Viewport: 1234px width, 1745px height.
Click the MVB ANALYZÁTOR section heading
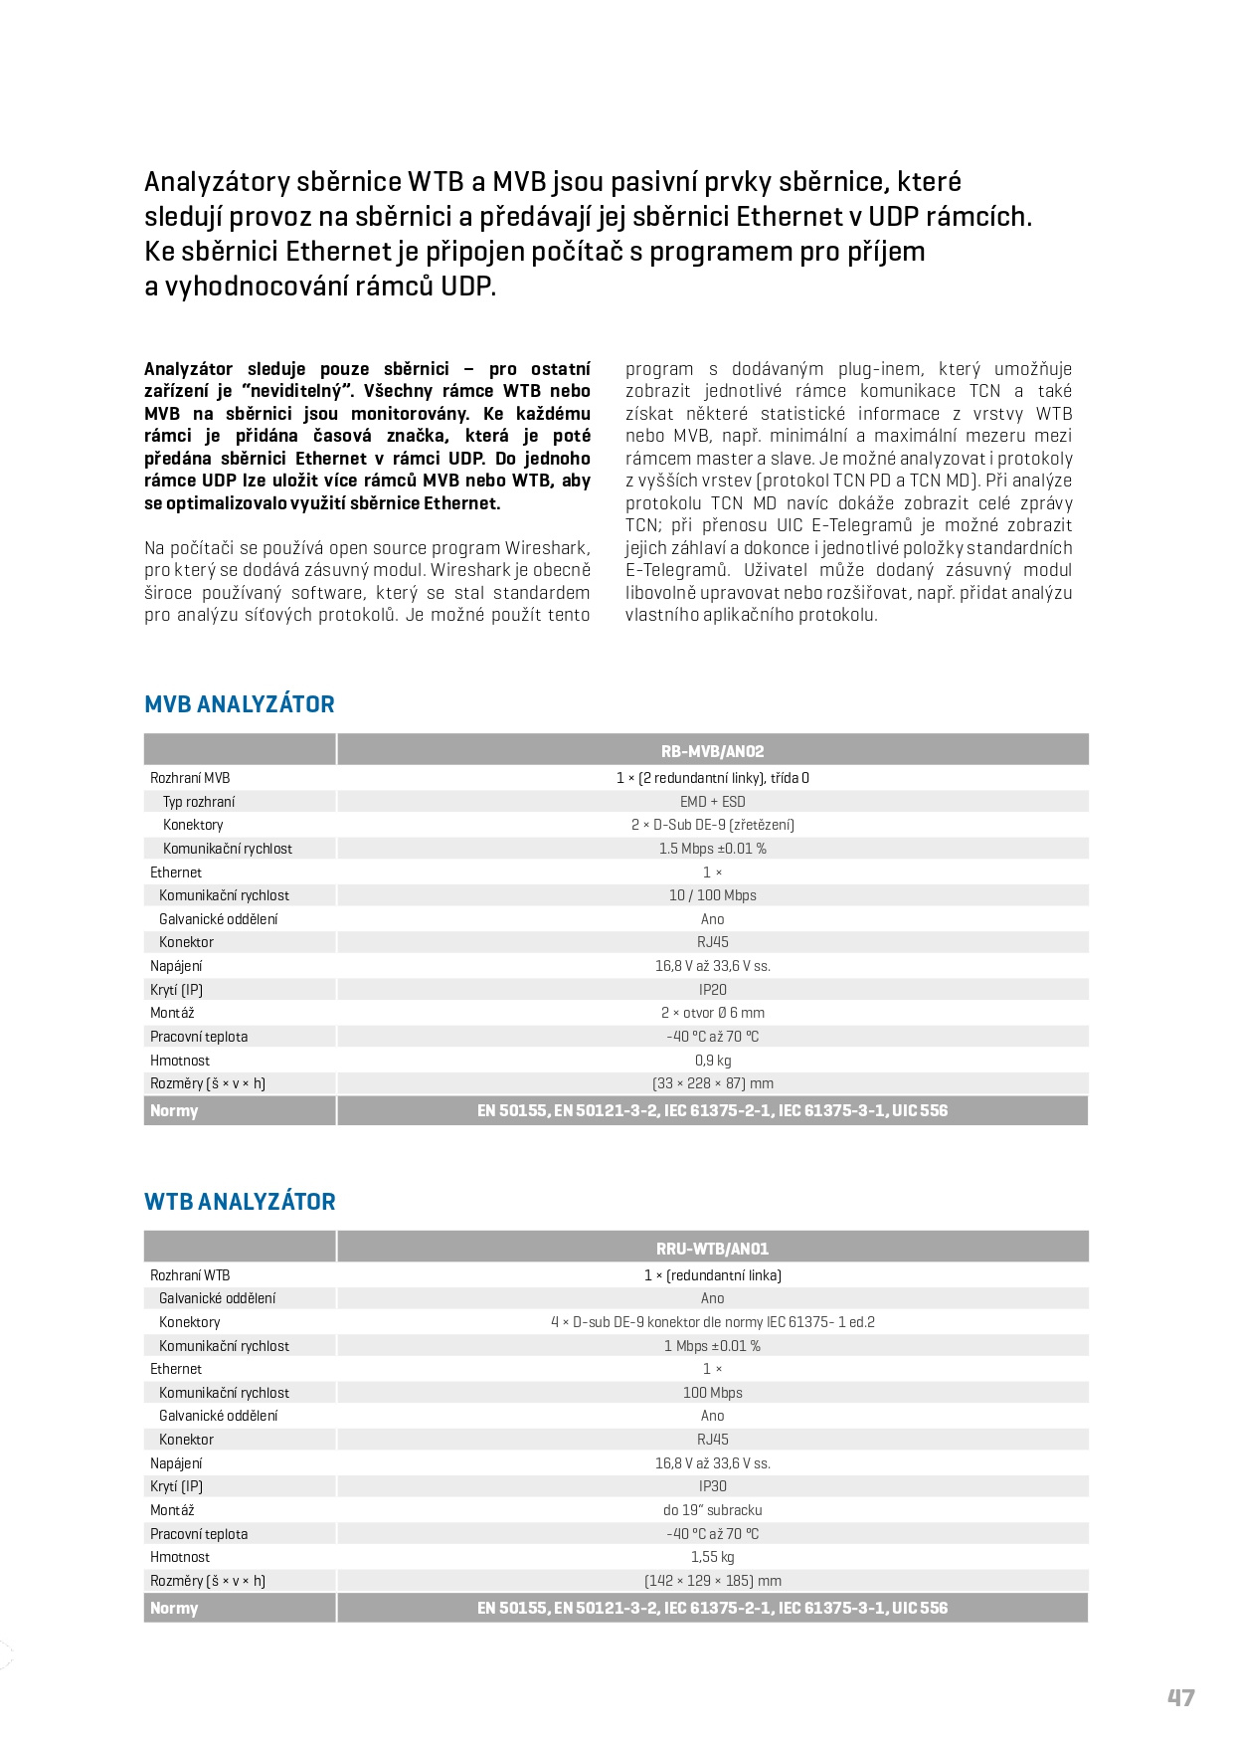pyautogui.click(x=240, y=704)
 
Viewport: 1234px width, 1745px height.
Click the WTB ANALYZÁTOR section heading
pyautogui.click(x=240, y=1202)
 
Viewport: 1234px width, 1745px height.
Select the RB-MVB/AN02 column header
pyautogui.click(x=712, y=751)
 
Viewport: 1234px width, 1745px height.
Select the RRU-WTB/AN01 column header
pyautogui.click(x=712, y=1249)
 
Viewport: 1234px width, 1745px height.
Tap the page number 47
pyautogui.click(x=1180, y=1698)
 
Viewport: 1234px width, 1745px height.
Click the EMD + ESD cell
pyautogui.click(x=712, y=802)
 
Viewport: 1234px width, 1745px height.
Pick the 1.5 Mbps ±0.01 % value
pyautogui.click(x=712, y=849)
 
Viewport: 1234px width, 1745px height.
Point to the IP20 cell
pyautogui.click(x=712, y=990)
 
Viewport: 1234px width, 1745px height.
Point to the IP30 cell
pyautogui.click(x=712, y=1486)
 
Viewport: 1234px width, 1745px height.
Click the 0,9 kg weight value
pyautogui.click(x=712, y=1061)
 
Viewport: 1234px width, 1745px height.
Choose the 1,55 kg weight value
pyautogui.click(x=712, y=1557)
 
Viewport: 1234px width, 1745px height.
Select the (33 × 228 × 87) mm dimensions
pyautogui.click(x=712, y=1083)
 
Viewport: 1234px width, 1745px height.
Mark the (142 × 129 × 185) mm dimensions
pyautogui.click(x=712, y=1581)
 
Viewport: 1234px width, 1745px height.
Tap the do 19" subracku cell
pyautogui.click(x=712, y=1510)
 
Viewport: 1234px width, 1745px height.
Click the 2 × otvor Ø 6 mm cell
pyautogui.click(x=712, y=1013)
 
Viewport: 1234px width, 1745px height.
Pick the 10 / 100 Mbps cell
pyautogui.click(x=712, y=895)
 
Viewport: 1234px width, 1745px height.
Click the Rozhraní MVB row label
pyautogui.click(x=190, y=778)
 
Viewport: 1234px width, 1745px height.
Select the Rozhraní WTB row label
pyautogui.click(x=190, y=1275)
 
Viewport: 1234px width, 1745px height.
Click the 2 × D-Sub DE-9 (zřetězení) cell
pyautogui.click(x=712, y=825)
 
